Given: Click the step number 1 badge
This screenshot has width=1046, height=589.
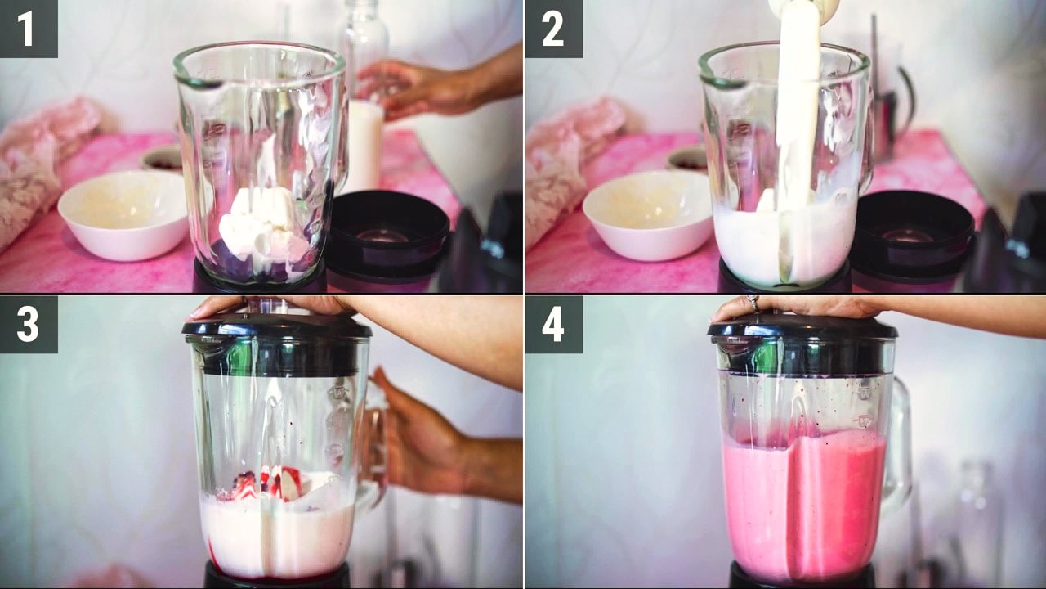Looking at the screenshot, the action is (x=29, y=29).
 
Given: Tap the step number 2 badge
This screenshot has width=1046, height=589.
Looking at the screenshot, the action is (x=554, y=29).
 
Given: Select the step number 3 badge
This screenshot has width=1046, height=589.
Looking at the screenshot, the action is (x=29, y=325).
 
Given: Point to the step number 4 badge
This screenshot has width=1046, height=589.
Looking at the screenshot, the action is (x=554, y=325).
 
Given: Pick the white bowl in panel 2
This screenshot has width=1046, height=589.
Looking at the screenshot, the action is (x=649, y=215).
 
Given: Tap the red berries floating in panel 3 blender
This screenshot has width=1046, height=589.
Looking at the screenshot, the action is (x=270, y=483).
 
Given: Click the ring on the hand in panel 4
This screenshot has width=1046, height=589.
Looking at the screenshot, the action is (x=753, y=302).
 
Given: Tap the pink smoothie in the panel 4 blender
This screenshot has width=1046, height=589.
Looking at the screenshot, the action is (x=804, y=505).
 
